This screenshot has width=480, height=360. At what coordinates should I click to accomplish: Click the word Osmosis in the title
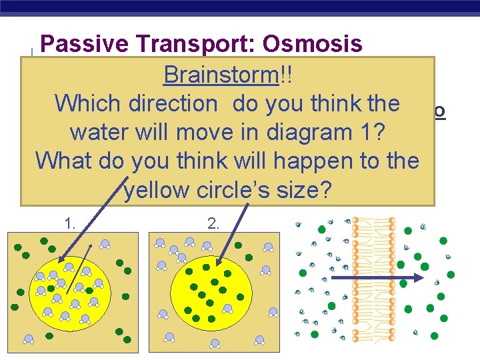[313, 44]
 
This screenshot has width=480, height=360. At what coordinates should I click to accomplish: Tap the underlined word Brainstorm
[221, 75]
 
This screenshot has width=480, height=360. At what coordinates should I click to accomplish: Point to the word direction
[174, 103]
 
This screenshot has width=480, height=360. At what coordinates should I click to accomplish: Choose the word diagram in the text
[309, 132]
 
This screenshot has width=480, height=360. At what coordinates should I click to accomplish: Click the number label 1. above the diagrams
[70, 224]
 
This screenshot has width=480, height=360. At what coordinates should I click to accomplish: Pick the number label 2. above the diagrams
[213, 224]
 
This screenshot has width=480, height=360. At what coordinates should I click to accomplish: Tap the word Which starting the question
[89, 103]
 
